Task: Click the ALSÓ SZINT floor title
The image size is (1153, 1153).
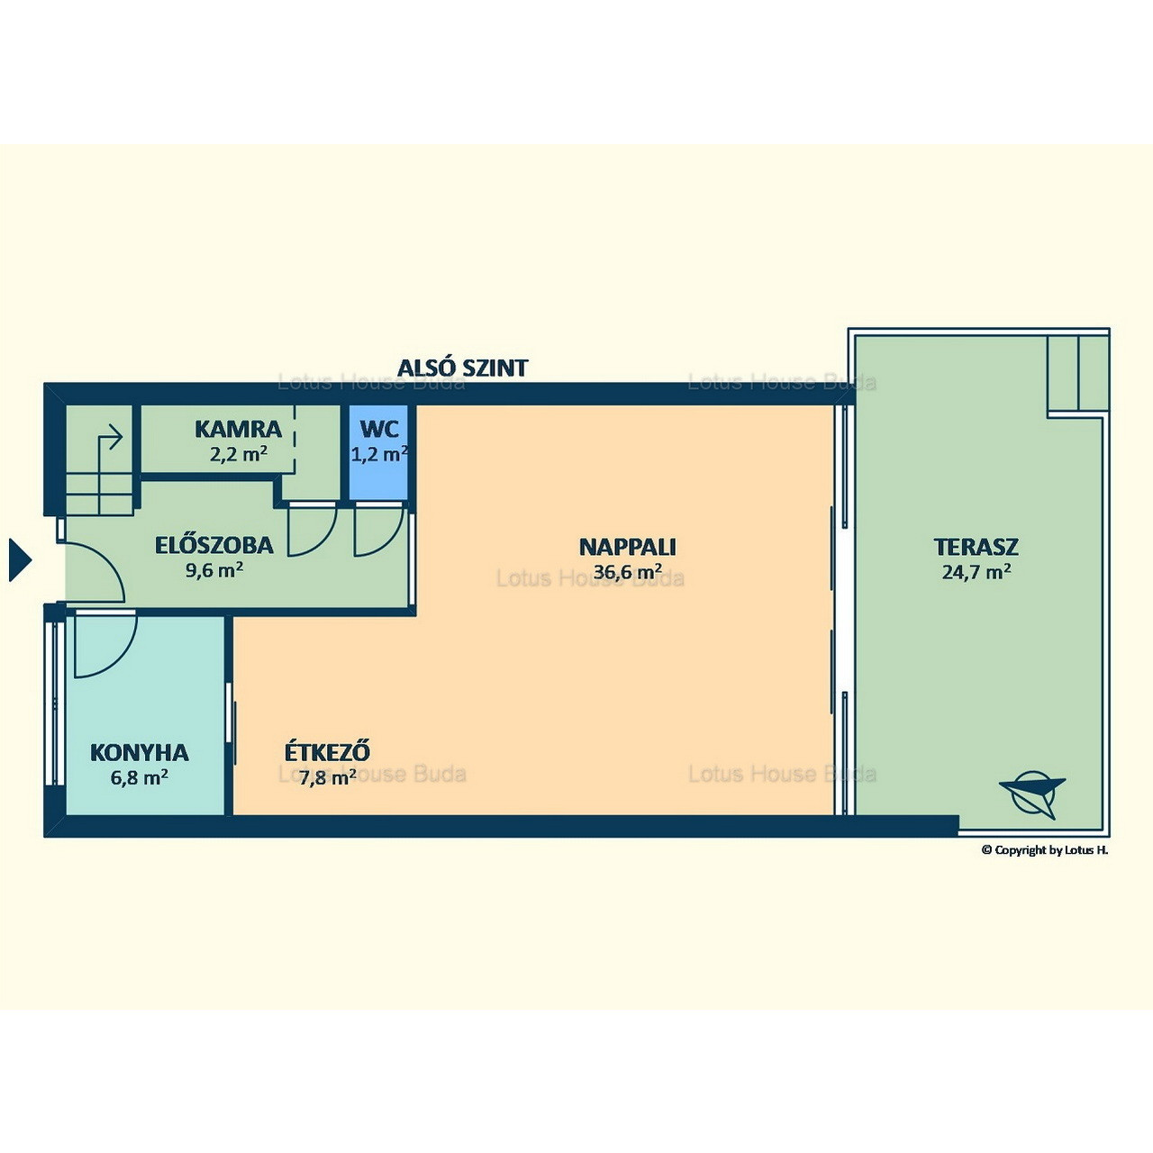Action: coord(462,368)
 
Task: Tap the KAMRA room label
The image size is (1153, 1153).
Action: coord(238,429)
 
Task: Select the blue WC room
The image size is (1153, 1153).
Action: coord(378,452)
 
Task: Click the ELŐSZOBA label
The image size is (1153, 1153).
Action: coord(214,545)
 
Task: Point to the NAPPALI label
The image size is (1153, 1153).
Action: coord(628,547)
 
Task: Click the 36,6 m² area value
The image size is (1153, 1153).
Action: coord(628,571)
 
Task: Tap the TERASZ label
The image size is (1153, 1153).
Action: coord(976,547)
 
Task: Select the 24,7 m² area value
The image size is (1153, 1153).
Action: coord(976,571)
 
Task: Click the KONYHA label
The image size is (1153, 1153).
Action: coord(140,753)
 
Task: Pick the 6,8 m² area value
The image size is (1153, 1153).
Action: coord(139,777)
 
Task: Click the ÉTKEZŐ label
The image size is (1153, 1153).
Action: coord(327,751)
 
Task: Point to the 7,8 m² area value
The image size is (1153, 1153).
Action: coord(328,777)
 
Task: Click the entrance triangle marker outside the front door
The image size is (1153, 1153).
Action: coord(20,559)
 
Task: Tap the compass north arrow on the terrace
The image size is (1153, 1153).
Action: coord(1032,794)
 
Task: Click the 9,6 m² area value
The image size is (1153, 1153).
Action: coord(214,569)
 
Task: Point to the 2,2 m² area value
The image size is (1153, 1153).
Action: coord(238,454)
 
